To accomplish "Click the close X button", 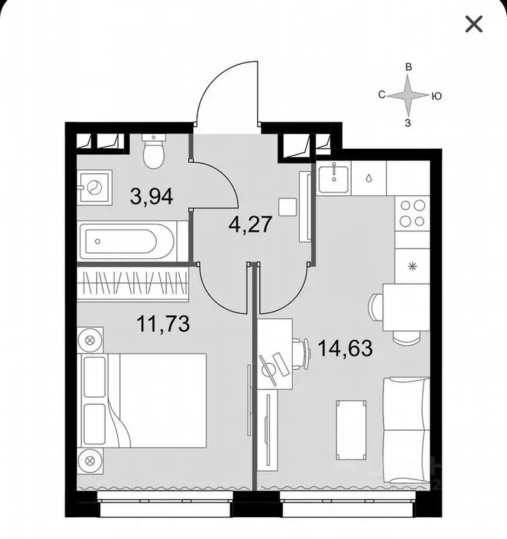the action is tap(474, 24).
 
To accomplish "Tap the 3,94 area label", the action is tap(152, 197).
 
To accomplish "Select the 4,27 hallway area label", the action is tap(251, 224).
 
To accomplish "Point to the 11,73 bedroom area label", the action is tap(163, 324).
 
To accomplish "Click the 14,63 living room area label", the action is tap(345, 348).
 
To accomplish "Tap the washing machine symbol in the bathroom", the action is tap(94, 187).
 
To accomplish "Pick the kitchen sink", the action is tap(334, 178).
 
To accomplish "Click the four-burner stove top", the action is tap(412, 213).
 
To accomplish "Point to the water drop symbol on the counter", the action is tap(369, 178).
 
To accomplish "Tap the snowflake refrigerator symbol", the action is tap(412, 266).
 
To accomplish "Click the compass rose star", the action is tap(408, 95).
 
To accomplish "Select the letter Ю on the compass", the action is tap(436, 96).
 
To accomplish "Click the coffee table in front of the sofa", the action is tap(351, 430).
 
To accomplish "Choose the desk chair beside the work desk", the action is tap(301, 354).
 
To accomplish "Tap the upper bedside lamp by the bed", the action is tap(90, 340).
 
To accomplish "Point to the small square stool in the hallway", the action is tap(287, 207).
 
